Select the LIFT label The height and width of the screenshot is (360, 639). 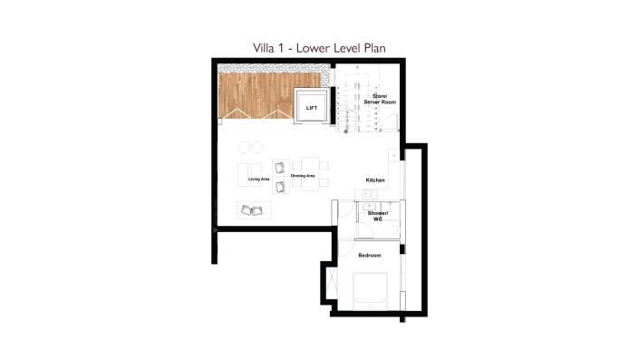[x=312, y=108]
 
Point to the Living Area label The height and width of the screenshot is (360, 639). [x=259, y=179]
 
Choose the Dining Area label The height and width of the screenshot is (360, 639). [x=303, y=175]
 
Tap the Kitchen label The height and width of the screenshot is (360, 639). [x=375, y=180]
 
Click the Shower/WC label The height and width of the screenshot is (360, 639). [x=377, y=216]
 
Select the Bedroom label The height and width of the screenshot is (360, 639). [x=370, y=255]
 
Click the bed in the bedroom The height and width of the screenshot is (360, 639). [x=370, y=290]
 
